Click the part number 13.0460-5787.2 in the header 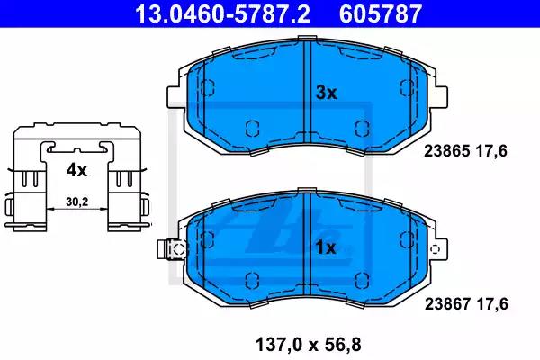tap(222, 13)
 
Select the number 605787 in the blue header tap(380, 13)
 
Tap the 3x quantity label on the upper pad tap(326, 93)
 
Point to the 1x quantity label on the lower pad tap(326, 247)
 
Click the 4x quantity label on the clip tap(76, 170)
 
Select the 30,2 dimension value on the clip tap(77, 202)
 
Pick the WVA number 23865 tap(446, 151)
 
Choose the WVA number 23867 tap(447, 304)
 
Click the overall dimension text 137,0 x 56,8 tap(308, 345)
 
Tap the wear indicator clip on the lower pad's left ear tap(172, 248)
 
